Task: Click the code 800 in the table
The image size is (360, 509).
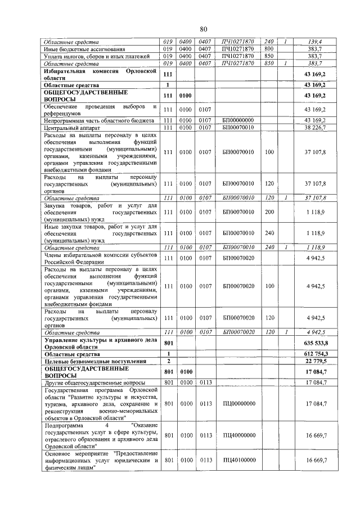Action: point(269,49)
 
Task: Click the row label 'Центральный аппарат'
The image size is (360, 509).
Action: point(71,128)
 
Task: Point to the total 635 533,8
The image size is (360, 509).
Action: point(316,343)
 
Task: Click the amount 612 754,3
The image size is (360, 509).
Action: point(316,354)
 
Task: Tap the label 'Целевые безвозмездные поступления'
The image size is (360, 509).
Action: point(95,361)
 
